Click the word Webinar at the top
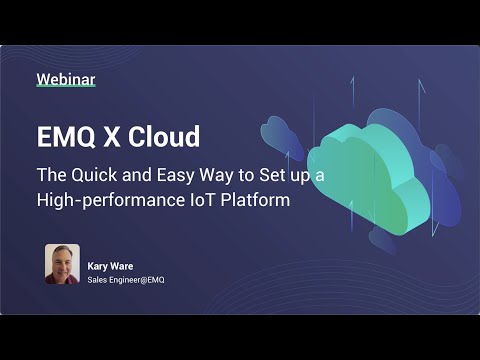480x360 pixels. point(65,78)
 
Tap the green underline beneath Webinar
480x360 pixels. point(65,89)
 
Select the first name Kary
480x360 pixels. point(98,267)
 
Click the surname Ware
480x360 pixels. point(120,267)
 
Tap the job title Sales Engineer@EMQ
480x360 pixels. point(126,280)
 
